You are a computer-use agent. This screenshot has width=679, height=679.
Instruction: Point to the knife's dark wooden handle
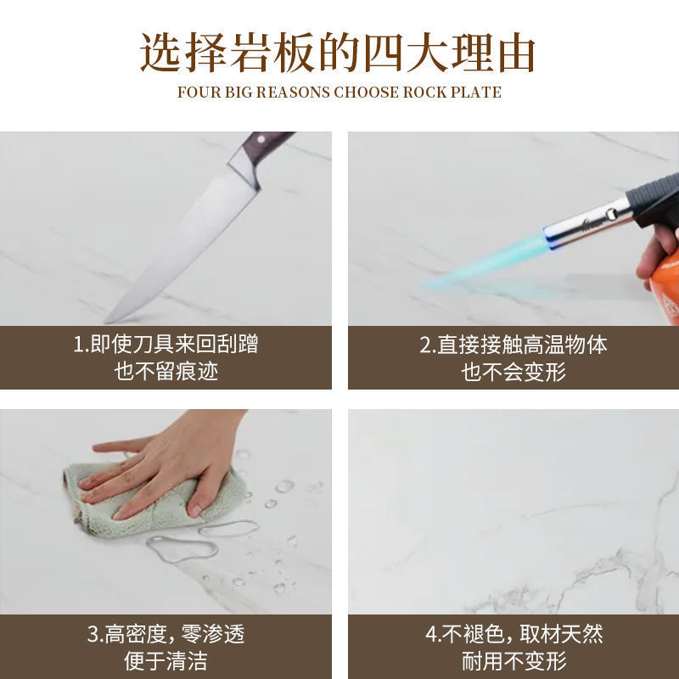[266, 145]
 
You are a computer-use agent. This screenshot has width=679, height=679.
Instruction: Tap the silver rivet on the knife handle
[261, 139]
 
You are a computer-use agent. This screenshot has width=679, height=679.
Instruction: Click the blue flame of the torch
[485, 263]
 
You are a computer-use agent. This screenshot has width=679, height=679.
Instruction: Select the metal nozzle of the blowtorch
[586, 226]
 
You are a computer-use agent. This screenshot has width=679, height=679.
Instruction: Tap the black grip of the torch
[654, 199]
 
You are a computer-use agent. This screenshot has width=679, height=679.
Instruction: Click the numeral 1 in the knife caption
[78, 345]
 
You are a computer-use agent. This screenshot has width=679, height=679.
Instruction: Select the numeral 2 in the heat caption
[426, 345]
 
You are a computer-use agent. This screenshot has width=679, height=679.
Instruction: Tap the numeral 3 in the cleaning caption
[93, 634]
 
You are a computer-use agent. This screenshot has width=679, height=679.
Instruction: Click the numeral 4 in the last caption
[432, 634]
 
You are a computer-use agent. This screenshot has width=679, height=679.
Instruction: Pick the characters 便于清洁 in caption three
[166, 661]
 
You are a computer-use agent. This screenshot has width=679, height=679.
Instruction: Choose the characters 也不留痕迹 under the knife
[166, 372]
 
